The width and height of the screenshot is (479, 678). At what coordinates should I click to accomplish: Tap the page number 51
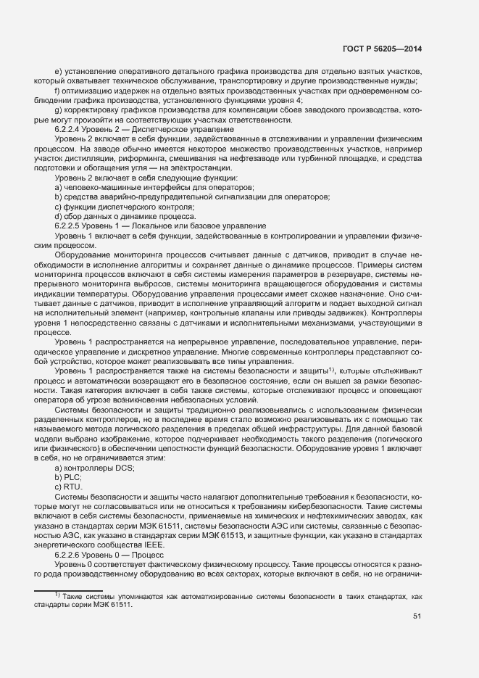[417, 616]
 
